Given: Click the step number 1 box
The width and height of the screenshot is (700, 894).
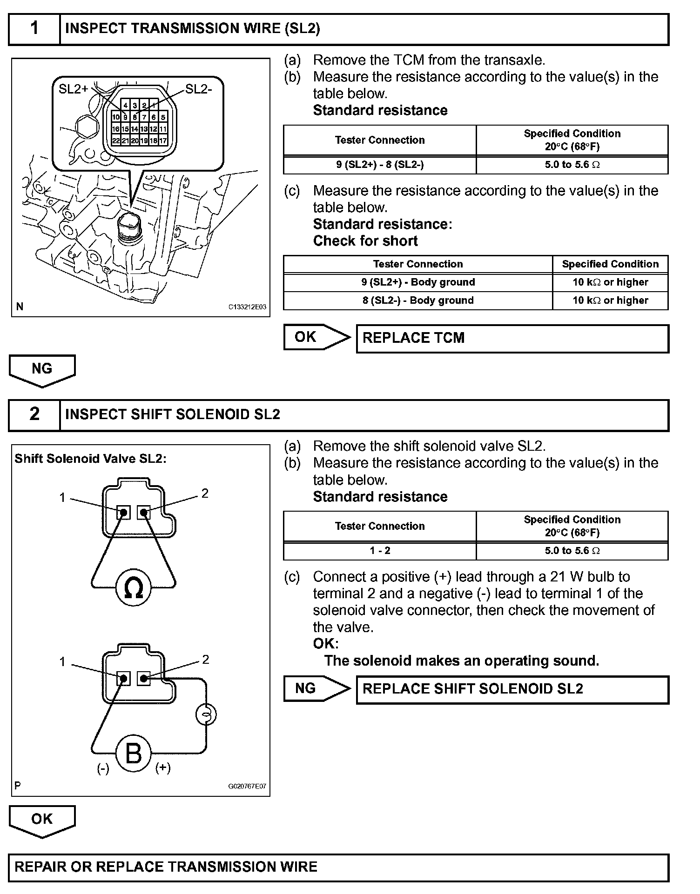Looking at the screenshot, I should [x=34, y=29].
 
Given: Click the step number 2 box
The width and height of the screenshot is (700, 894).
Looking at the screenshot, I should [x=34, y=415].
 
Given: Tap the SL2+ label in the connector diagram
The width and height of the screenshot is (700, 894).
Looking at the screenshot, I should [x=73, y=89].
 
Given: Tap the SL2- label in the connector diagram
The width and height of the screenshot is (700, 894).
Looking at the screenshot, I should [x=199, y=89].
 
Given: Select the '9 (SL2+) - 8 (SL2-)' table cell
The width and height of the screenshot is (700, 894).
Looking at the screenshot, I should [x=380, y=165].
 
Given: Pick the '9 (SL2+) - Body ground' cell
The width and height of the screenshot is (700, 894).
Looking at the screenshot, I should [x=418, y=282].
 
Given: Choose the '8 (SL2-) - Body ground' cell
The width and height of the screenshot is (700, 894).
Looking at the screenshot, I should [x=418, y=300].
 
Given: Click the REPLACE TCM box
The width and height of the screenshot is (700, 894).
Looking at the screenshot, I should [x=512, y=338].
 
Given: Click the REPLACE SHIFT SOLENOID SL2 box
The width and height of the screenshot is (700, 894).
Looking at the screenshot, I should [x=512, y=689].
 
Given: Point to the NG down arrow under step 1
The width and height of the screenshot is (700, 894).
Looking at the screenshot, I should [x=42, y=370].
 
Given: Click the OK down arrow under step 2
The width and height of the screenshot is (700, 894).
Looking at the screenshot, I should [x=42, y=821].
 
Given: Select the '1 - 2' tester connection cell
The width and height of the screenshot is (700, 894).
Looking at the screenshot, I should [x=380, y=551].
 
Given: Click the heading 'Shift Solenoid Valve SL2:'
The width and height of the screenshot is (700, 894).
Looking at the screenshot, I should [x=90, y=459].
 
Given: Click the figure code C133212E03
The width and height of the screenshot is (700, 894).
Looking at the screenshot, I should [x=247, y=307].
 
